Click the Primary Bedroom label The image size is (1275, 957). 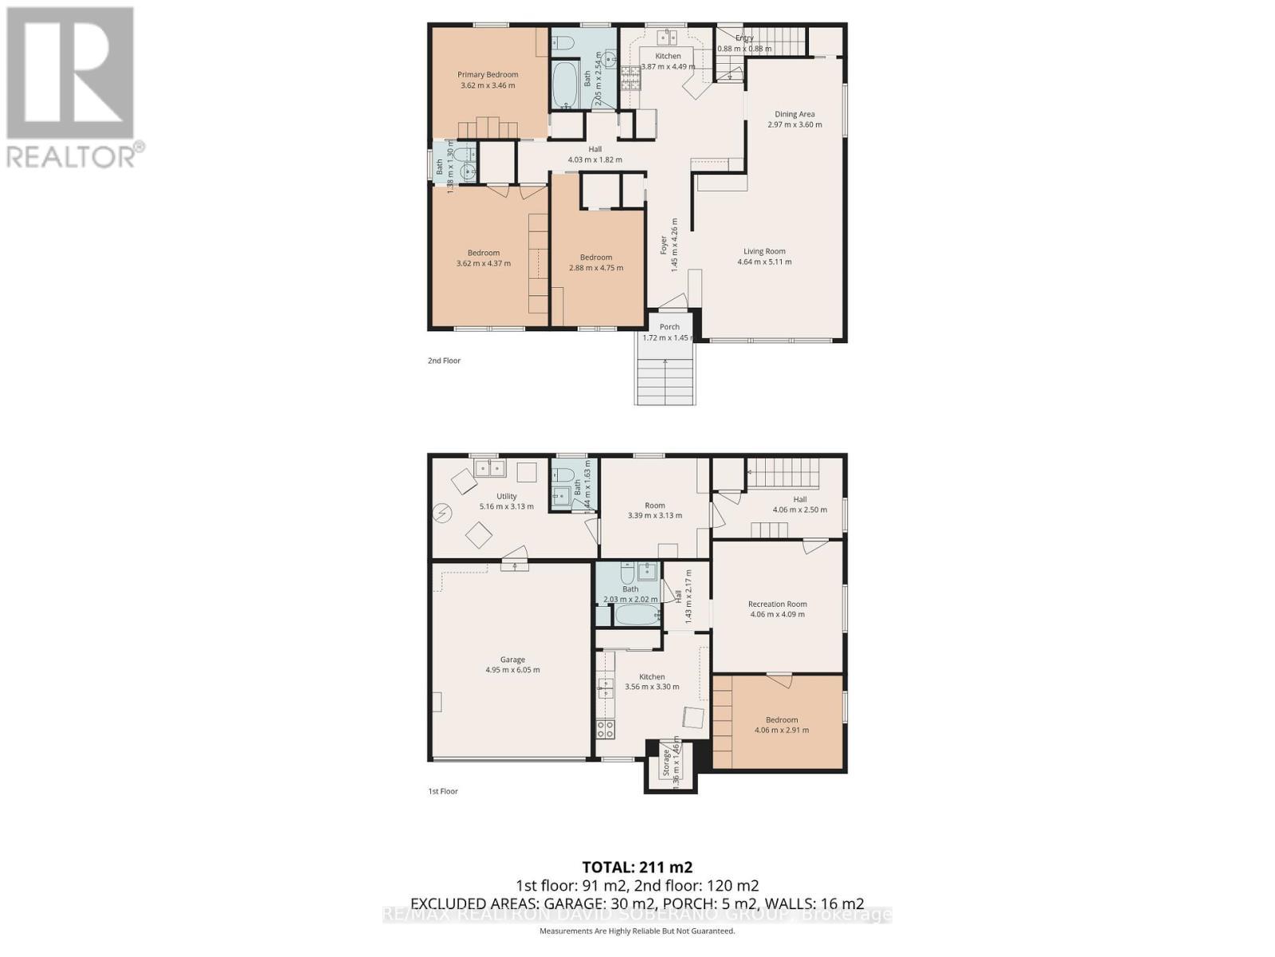488,75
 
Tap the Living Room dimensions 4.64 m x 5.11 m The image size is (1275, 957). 764,262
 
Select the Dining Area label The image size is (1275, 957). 794,114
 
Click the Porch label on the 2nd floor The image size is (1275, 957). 669,327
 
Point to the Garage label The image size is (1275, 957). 512,660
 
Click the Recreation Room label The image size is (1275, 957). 777,604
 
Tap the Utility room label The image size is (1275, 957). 507,496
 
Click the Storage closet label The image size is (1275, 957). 666,762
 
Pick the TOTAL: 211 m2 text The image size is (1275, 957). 637,867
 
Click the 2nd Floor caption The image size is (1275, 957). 444,360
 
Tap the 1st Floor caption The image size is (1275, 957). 443,791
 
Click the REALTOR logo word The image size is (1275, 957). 72,156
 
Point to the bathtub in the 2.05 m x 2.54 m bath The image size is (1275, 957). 567,86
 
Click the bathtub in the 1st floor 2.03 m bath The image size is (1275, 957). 637,615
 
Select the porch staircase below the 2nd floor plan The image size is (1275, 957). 665,379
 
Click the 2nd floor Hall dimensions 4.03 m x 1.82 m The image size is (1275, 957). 594,159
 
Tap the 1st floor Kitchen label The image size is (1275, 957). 652,676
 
